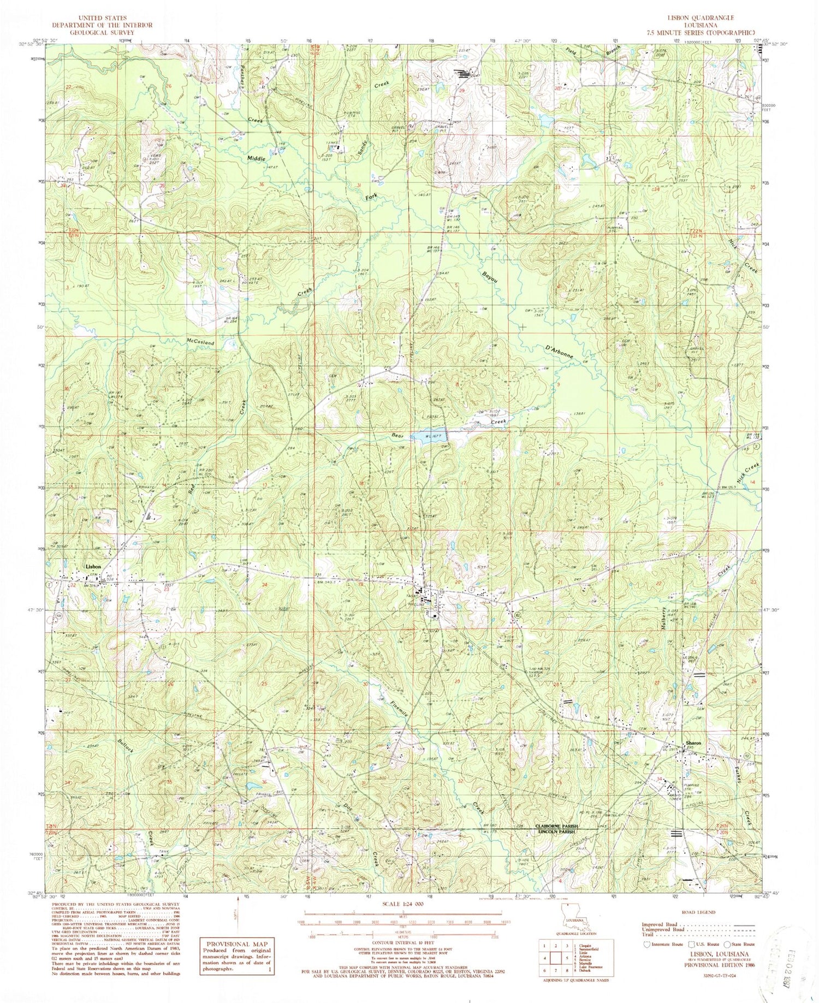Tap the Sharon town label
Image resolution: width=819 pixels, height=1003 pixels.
coord(693,743)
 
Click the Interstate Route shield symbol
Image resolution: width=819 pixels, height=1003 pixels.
coord(648,943)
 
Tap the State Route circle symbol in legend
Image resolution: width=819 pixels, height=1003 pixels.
coord(728,943)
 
